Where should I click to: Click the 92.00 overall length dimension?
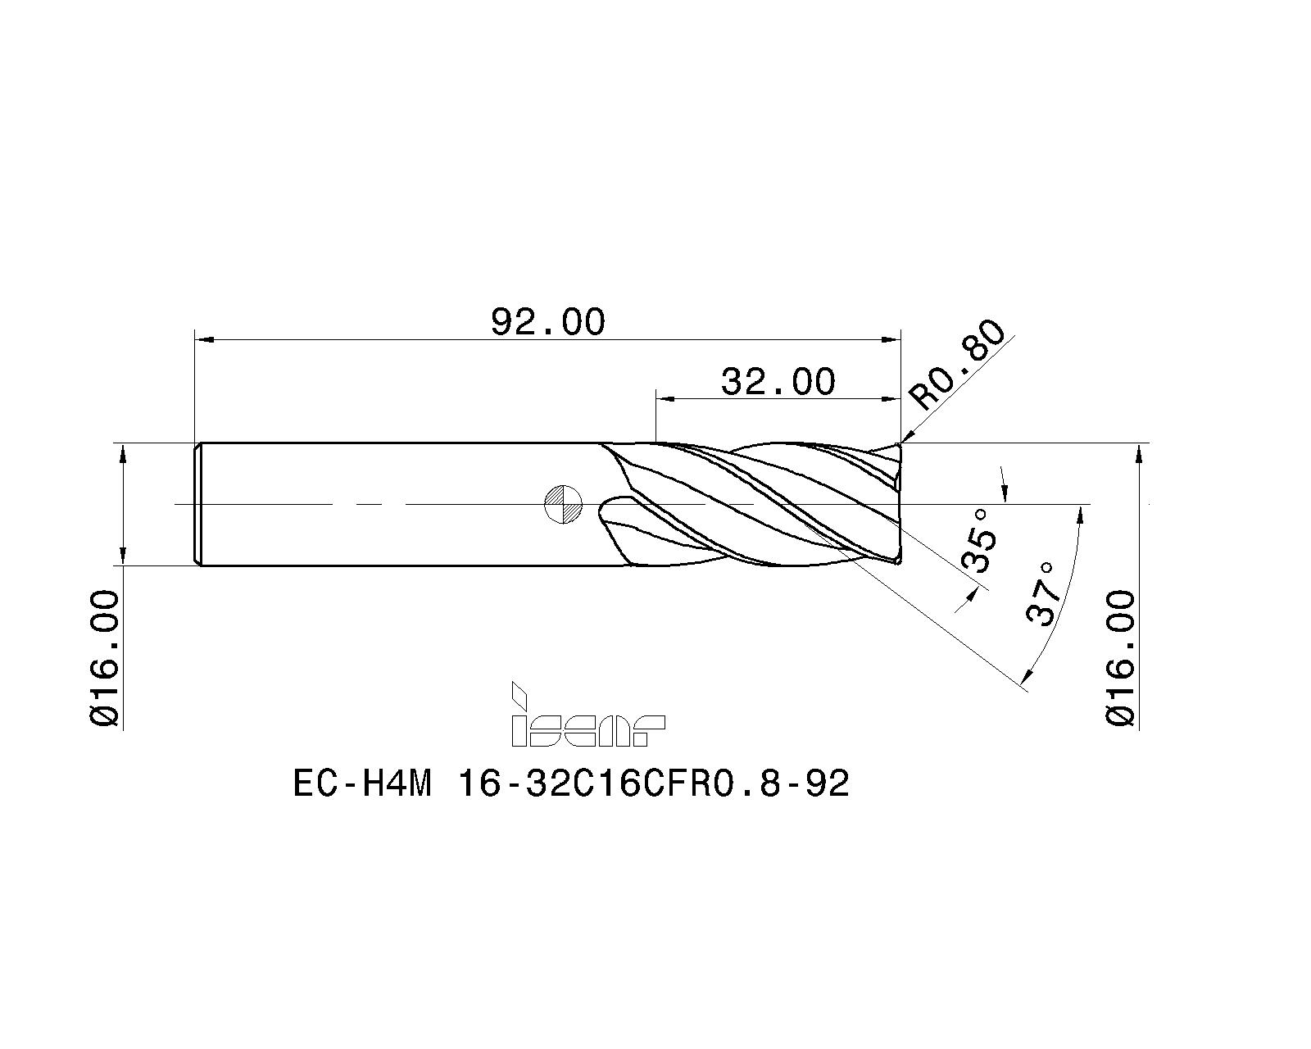point(547,321)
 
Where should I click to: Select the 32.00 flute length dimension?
point(778,382)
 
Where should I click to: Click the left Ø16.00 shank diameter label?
point(106,658)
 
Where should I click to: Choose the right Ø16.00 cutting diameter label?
point(1121,658)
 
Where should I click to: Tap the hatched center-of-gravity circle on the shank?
point(563,503)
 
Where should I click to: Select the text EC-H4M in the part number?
point(361,785)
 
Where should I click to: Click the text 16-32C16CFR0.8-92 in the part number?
point(653,785)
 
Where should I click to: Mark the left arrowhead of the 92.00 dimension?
point(203,338)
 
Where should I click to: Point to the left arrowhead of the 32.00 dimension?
point(665,399)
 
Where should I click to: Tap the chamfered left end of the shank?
point(197,503)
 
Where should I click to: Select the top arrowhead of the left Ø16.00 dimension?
point(122,452)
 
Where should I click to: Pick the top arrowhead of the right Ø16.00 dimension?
point(1138,452)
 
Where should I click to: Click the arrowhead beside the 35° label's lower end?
point(969,597)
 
